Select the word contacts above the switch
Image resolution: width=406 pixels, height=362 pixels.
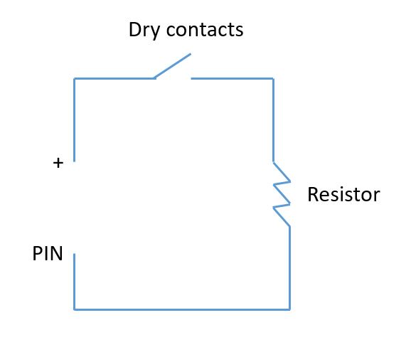[x=205, y=30]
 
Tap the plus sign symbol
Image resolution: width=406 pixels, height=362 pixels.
[x=58, y=163]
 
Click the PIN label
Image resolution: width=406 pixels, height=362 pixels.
[x=48, y=253]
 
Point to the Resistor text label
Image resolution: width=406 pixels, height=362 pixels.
[x=343, y=194]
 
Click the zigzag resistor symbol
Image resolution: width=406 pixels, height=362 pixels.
[x=282, y=194]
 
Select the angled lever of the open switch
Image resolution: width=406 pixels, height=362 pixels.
[x=173, y=65]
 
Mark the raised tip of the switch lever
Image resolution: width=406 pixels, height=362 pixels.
[x=191, y=54]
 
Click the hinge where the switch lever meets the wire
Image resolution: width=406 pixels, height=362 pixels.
[x=154, y=78]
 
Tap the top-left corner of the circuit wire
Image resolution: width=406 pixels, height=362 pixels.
[x=75, y=78]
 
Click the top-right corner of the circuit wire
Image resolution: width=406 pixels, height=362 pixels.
[x=274, y=78]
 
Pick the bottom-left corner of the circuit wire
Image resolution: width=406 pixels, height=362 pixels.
[x=75, y=309]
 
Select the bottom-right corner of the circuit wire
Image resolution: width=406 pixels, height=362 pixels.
[x=289, y=309]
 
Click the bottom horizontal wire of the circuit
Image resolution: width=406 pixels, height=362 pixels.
[x=182, y=309]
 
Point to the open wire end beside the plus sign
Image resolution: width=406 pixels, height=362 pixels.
[x=75, y=161]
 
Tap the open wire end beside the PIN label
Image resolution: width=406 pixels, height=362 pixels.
[x=75, y=254]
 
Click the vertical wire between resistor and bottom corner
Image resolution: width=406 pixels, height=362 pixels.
[x=289, y=267]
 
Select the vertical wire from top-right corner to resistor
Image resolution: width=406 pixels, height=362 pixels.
[x=274, y=120]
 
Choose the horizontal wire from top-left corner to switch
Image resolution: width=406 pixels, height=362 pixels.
[x=114, y=78]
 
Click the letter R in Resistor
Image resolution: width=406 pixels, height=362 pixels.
[x=313, y=194]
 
